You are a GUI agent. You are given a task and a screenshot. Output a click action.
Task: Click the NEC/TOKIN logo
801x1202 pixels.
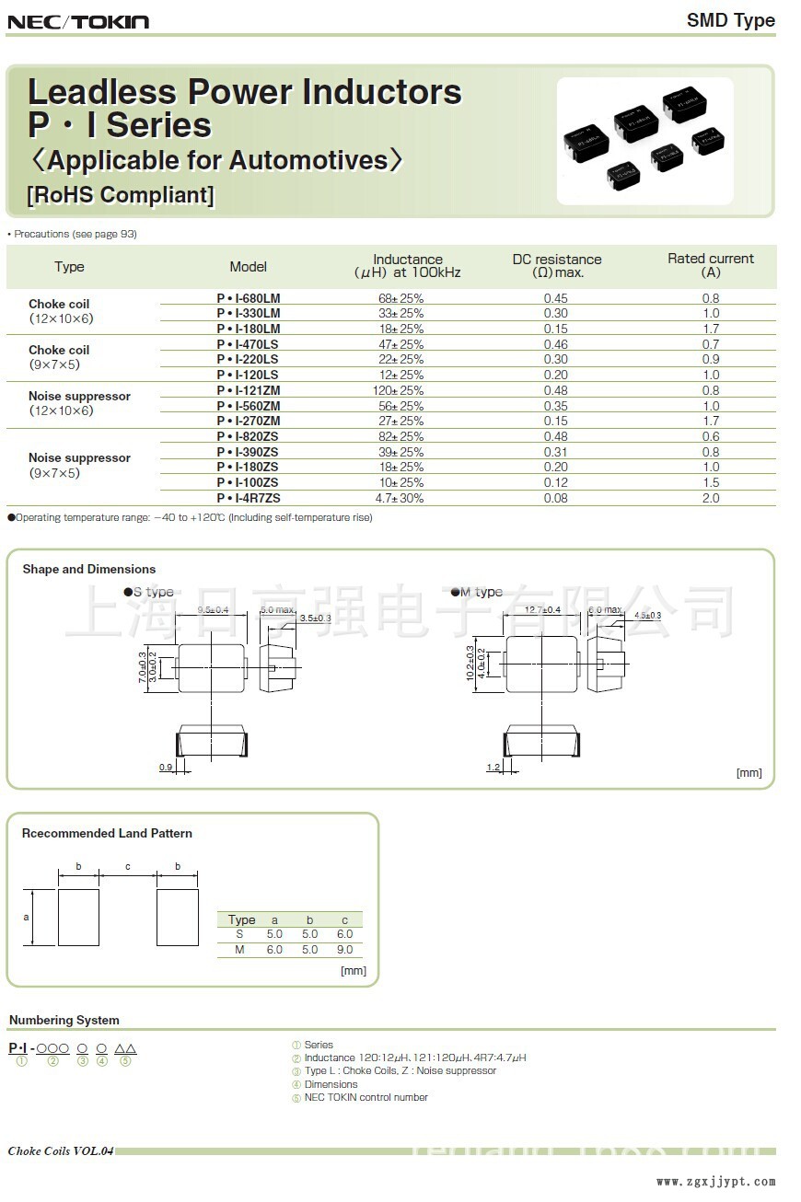(78, 21)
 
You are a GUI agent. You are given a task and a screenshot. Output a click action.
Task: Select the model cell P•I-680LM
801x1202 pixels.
(249, 298)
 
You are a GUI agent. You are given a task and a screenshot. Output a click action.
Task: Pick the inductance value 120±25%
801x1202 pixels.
(400, 390)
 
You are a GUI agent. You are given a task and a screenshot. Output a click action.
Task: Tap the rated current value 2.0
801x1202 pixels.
(711, 498)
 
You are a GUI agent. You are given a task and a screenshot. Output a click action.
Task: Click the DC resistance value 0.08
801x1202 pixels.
(556, 498)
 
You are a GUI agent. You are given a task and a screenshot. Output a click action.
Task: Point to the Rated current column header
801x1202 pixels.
(711, 265)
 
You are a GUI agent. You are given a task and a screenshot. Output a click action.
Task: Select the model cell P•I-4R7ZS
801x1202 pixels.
(249, 498)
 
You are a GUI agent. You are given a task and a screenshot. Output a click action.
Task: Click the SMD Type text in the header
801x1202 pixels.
(731, 20)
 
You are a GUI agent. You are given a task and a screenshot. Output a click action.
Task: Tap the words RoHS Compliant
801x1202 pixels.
(121, 195)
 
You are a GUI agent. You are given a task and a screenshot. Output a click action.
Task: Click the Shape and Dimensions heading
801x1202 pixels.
(89, 569)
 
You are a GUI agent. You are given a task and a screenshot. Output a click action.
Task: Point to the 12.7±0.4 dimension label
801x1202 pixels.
(543, 610)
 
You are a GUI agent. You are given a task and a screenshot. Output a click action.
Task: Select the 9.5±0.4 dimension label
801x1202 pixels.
(213, 610)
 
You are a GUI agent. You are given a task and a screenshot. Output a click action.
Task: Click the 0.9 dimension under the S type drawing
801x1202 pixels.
(166, 767)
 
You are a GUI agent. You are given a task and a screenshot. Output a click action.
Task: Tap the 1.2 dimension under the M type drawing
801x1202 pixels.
(493, 767)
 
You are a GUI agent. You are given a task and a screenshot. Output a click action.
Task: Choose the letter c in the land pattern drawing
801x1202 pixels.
(128, 866)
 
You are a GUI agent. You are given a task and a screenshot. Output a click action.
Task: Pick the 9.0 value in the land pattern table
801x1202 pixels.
(344, 949)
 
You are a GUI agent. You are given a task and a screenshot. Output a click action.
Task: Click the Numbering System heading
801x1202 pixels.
(64, 1020)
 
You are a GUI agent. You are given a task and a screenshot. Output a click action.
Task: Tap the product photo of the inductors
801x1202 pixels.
(644, 140)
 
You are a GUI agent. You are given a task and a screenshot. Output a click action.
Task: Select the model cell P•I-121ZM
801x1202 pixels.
(249, 390)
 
